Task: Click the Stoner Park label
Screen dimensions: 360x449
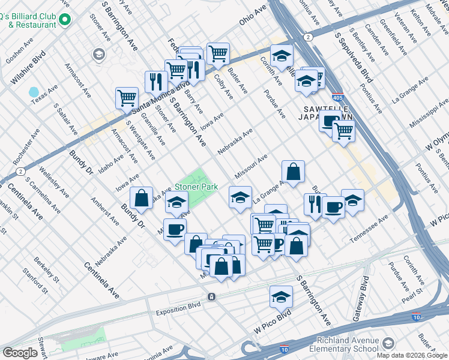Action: tap(196, 187)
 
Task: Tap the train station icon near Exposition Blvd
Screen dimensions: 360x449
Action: tap(211, 296)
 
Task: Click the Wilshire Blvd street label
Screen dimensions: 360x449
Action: tap(28, 68)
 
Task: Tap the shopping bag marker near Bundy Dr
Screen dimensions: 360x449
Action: tap(140, 197)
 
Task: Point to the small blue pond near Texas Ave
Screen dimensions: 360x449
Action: tap(33, 93)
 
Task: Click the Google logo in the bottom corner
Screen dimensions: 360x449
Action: tap(20, 353)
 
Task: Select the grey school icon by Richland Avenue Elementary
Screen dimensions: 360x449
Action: tap(388, 343)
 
